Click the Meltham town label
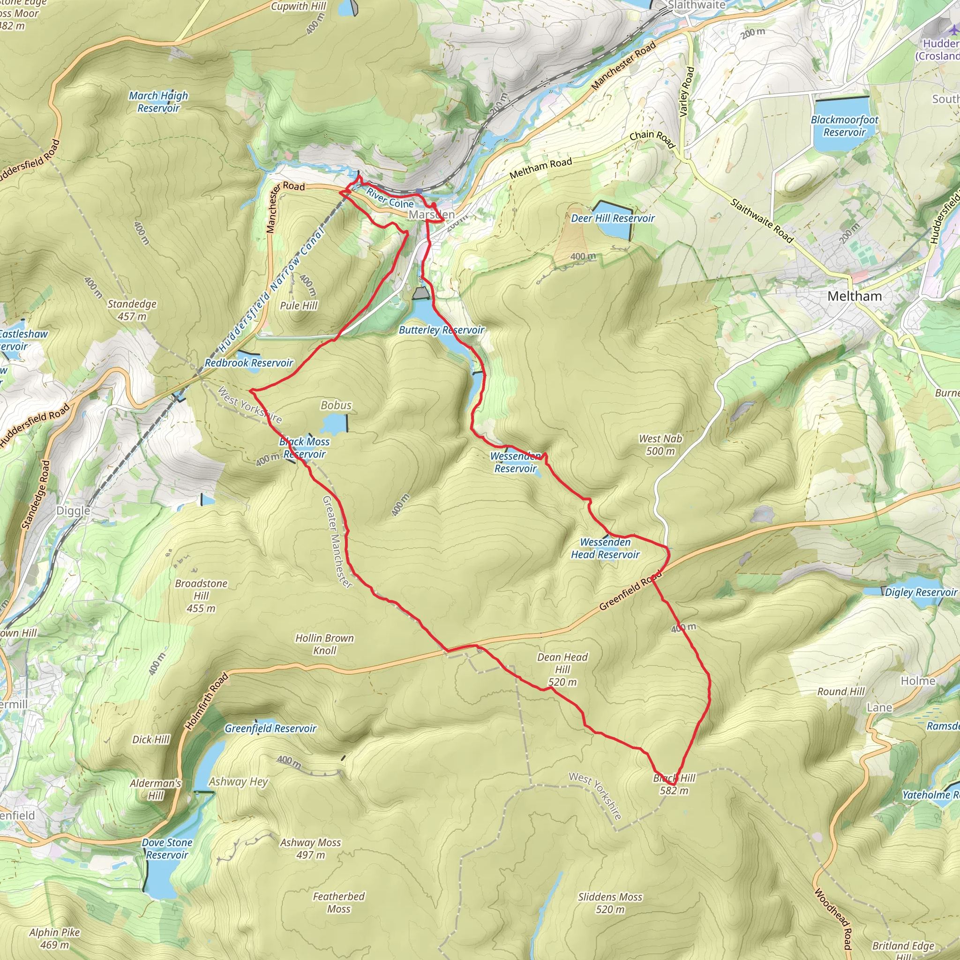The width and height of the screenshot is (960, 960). (x=854, y=297)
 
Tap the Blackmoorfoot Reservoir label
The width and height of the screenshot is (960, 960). (x=844, y=126)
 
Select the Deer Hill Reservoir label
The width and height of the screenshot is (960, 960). (x=613, y=218)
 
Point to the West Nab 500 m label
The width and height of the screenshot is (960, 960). (x=660, y=445)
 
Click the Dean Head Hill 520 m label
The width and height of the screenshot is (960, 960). (x=562, y=669)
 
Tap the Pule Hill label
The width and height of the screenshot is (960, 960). (x=299, y=306)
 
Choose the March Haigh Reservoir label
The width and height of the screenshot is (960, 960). (x=158, y=102)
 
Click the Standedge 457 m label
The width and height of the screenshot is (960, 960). (x=132, y=310)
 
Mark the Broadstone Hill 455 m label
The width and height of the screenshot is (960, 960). (x=201, y=596)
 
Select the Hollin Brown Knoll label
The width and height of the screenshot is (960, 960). (x=324, y=644)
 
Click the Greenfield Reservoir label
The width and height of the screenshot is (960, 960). (x=270, y=728)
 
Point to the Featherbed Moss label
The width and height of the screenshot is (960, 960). (x=339, y=902)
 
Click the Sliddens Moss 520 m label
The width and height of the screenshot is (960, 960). (x=610, y=903)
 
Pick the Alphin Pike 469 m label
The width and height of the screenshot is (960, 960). (x=54, y=938)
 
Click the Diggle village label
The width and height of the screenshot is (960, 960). (x=73, y=511)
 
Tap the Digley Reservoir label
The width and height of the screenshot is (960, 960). (x=921, y=592)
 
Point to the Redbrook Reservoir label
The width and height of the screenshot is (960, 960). (x=249, y=363)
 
